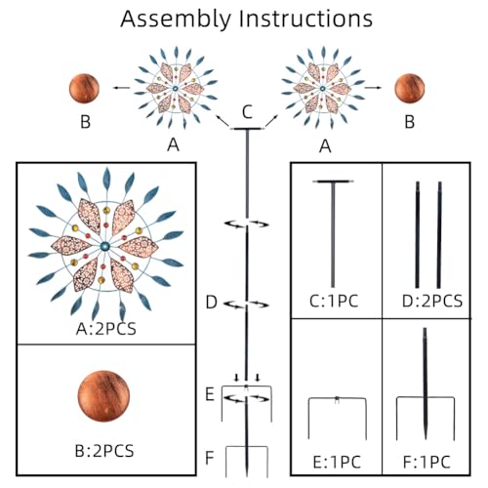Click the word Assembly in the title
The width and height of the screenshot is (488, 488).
click(x=176, y=20)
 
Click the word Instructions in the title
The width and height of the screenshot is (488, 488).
click(x=305, y=19)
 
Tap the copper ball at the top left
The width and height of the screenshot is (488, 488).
click(x=84, y=89)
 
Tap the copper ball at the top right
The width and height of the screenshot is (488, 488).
click(x=410, y=89)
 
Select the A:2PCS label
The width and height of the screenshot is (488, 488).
click(x=106, y=329)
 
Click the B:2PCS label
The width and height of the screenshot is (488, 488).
click(x=104, y=451)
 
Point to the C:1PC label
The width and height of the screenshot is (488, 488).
click(x=334, y=302)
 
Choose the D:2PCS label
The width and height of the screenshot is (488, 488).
click(x=432, y=302)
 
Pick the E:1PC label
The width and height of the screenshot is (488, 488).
click(x=337, y=463)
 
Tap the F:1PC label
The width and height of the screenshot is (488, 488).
click(x=427, y=463)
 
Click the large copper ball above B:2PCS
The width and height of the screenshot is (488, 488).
click(x=103, y=396)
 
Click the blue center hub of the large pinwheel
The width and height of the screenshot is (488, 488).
click(x=104, y=246)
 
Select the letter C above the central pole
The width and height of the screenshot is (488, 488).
click(x=247, y=112)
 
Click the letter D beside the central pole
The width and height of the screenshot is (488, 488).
click(x=212, y=303)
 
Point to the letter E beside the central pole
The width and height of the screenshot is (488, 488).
click(x=210, y=394)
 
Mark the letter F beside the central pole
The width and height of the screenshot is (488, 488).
click(x=210, y=458)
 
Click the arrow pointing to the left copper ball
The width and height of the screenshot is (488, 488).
click(x=121, y=88)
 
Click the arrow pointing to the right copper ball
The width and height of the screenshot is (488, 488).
click(x=373, y=88)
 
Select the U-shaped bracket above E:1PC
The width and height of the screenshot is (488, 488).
click(x=338, y=398)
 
